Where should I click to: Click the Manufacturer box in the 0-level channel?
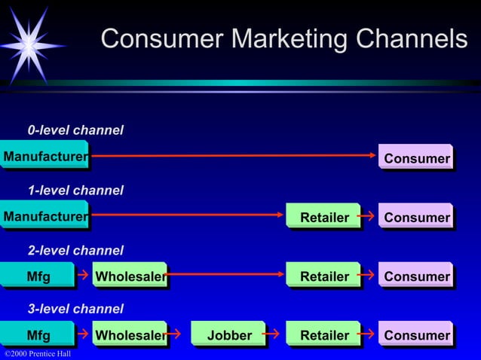[x=44, y=157]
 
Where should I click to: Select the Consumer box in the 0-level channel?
[x=415, y=158]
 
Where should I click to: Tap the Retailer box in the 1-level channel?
[x=323, y=217]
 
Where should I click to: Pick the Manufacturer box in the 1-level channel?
[x=44, y=217]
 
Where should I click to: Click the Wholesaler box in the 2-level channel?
[x=129, y=276]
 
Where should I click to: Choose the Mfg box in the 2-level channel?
[x=38, y=276]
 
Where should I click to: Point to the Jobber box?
[x=228, y=335]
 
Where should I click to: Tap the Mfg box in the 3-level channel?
[x=38, y=335]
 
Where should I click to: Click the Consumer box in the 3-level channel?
[x=415, y=335]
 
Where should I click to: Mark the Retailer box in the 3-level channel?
[x=323, y=335]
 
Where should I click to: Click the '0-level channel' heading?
[x=75, y=130]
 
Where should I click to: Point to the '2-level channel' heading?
[x=75, y=250]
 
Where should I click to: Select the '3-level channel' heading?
[x=75, y=309]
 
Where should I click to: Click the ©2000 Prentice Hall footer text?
[x=38, y=354]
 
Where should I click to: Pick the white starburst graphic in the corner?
[x=28, y=44]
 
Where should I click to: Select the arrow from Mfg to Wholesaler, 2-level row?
[x=83, y=275]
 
